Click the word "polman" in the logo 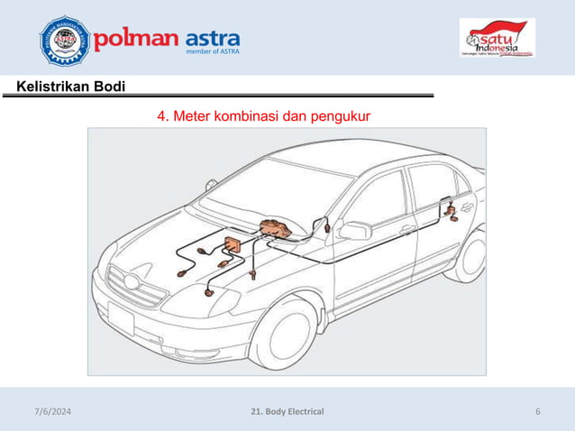(x=136, y=41)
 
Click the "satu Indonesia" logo (x=497, y=40)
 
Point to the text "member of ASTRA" (x=212, y=54)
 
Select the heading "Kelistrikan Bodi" (x=65, y=87)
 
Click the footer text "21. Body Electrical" (x=287, y=412)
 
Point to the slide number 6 (x=537, y=412)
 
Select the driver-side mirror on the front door (x=354, y=231)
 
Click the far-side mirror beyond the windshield (x=211, y=185)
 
